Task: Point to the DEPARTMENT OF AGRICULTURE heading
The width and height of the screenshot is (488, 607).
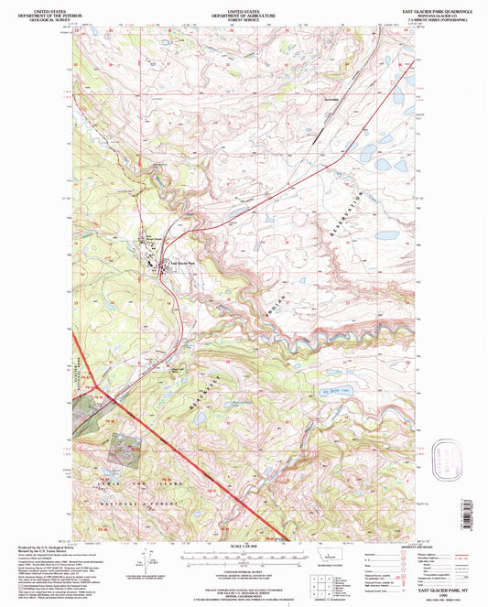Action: pos(244,12)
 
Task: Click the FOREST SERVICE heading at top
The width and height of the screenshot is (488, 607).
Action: pos(244,16)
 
